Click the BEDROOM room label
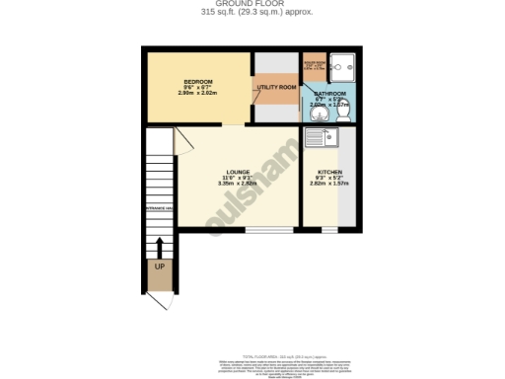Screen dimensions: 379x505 [x=198, y=81]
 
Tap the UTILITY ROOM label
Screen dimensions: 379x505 [x=276, y=88]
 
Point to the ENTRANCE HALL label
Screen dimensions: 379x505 [x=160, y=208]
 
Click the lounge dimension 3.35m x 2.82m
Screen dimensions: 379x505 [x=237, y=184]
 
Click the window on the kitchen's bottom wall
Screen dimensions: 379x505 [x=328, y=231]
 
